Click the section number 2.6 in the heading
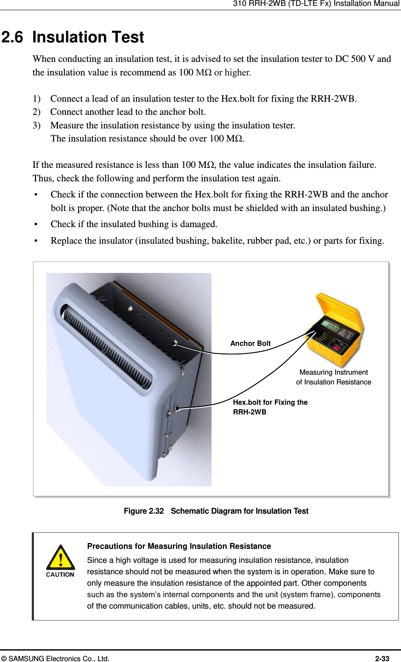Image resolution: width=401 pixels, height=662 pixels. pyautogui.click(x=13, y=37)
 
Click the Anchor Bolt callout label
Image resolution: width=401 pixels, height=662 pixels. pyautogui.click(x=250, y=343)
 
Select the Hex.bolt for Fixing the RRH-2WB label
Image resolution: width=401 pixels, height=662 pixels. pyautogui.click(x=270, y=407)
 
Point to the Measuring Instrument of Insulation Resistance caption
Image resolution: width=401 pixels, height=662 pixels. pyautogui.click(x=334, y=377)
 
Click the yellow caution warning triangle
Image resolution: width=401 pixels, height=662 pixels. pyautogui.click(x=61, y=557)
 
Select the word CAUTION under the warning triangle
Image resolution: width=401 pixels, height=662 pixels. pyautogui.click(x=60, y=575)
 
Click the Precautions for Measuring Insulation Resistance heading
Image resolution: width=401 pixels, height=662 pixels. pyautogui.click(x=179, y=546)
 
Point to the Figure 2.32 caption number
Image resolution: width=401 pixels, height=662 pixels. pyautogui.click(x=144, y=511)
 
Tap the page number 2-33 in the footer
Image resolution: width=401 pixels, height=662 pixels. pyautogui.click(x=382, y=659)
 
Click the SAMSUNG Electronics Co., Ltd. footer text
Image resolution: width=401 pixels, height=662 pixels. pyautogui.click(x=55, y=659)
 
